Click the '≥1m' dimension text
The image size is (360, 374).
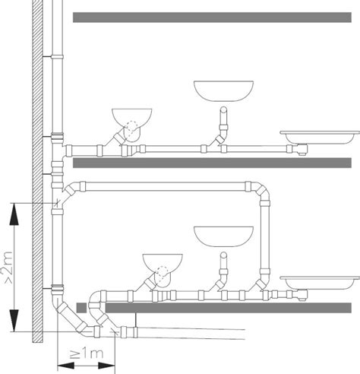(87, 353)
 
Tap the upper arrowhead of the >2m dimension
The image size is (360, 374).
(14, 214)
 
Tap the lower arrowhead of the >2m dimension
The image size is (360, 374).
(14, 321)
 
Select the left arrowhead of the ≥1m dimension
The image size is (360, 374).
(66, 366)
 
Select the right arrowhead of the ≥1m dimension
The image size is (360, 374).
(106, 366)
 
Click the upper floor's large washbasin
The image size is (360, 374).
(223, 91)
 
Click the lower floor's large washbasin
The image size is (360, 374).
(223, 236)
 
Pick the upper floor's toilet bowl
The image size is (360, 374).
(131, 121)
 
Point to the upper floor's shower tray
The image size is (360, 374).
(320, 138)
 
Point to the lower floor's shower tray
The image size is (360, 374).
(320, 283)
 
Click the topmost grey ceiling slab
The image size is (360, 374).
(212, 17)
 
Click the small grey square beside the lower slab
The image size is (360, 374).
(81, 308)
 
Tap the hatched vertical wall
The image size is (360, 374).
(37, 171)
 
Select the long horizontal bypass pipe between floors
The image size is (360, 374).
(165, 186)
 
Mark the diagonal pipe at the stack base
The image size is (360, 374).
(71, 317)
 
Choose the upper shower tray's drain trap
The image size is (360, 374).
(302, 149)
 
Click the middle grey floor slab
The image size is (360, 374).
(212, 163)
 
